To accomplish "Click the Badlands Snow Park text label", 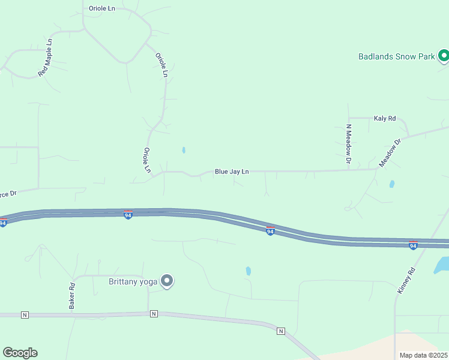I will click(x=396, y=57).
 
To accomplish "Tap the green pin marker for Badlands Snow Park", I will click(x=444, y=56).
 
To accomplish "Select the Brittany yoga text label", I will click(x=133, y=281).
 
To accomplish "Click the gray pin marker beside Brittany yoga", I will click(x=167, y=281).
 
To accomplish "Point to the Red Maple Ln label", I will click(x=46, y=58).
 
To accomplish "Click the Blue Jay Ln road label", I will click(x=232, y=172).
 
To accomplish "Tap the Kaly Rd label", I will click(x=385, y=119).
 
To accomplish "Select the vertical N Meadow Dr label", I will click(x=348, y=144).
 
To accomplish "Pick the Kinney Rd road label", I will click(x=406, y=280).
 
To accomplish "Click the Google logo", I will click(x=20, y=353).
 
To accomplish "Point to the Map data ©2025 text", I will click(x=423, y=355).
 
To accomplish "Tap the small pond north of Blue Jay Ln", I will click(x=184, y=150).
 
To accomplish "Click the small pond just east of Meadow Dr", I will click(x=392, y=184).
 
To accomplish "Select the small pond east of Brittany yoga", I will click(x=248, y=271).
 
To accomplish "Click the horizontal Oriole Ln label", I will click(x=101, y=8).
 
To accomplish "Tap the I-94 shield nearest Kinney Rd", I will click(x=413, y=245).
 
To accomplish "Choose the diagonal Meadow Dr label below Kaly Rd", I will click(x=390, y=154).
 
